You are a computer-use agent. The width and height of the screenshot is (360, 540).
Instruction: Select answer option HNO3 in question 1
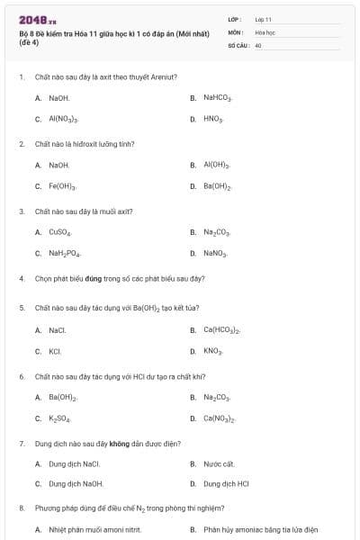213,119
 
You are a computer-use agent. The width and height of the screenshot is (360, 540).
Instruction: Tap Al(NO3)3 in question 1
63,119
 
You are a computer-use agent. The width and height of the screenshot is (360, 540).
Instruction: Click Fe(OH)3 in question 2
62,186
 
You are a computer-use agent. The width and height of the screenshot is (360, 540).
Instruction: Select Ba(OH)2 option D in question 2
218,186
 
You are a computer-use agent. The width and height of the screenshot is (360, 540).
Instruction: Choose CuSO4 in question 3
59,232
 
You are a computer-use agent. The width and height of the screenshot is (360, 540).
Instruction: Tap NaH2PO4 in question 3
65,254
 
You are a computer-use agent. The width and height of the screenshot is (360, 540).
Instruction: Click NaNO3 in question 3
215,254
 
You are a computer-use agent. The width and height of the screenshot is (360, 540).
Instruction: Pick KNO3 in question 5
212,351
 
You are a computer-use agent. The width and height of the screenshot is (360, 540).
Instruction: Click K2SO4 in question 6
59,418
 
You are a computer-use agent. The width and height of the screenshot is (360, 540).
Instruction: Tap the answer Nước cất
219,464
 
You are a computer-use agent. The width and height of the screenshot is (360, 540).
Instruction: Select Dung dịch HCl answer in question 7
226,484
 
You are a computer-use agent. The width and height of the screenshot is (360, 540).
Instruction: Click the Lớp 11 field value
263,19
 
